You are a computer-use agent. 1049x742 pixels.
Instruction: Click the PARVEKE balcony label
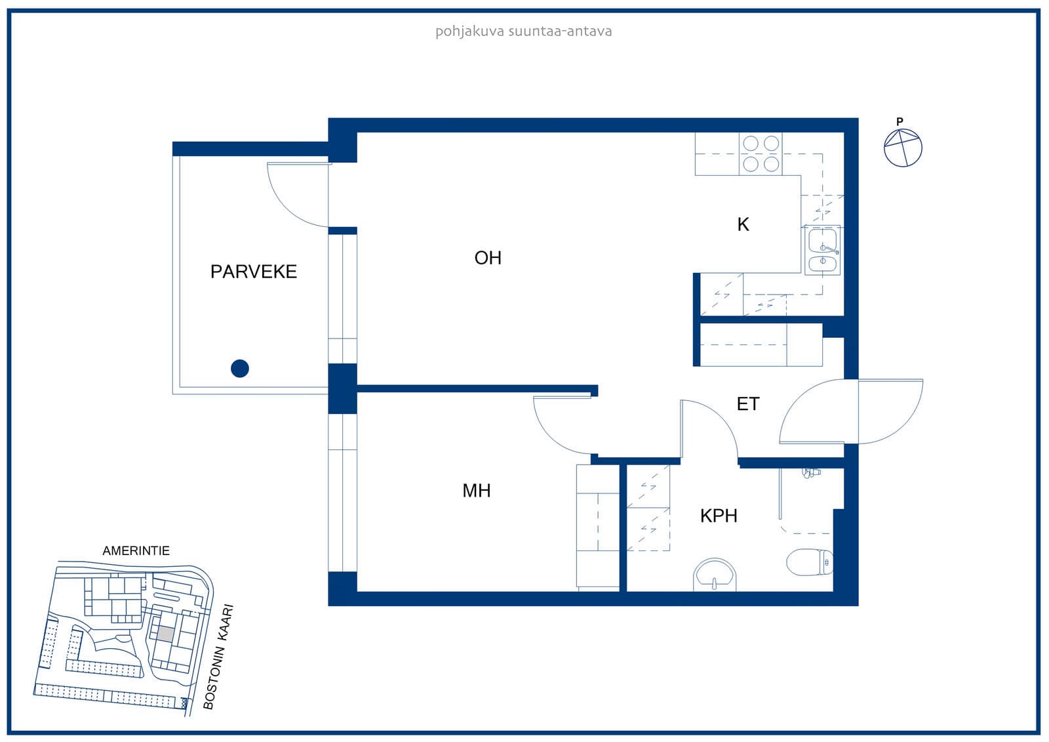(x=253, y=272)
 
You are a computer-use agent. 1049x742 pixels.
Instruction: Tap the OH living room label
(x=488, y=258)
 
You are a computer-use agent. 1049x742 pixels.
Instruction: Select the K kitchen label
(x=743, y=224)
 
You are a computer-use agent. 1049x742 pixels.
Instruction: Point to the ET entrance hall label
(x=748, y=404)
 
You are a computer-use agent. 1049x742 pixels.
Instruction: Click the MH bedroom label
(x=477, y=491)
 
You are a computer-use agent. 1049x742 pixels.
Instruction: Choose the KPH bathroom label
(x=719, y=516)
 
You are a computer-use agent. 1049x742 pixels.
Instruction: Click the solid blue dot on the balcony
(x=240, y=369)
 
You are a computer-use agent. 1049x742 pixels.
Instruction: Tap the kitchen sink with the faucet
(x=822, y=251)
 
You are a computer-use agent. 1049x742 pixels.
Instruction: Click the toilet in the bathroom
(x=810, y=562)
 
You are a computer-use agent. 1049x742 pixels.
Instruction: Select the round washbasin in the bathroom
(x=715, y=575)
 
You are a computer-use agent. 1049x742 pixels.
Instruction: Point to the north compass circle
(x=903, y=148)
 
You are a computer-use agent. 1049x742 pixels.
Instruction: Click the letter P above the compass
(x=900, y=122)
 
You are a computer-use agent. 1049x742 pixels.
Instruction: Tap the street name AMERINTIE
(x=136, y=550)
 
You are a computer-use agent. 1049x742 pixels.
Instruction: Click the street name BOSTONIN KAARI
(x=218, y=657)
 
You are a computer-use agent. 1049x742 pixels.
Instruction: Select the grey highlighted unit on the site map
(x=165, y=634)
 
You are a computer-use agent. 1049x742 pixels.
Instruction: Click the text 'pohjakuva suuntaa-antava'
(x=524, y=31)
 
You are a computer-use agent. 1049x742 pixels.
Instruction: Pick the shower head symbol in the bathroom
(x=810, y=472)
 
